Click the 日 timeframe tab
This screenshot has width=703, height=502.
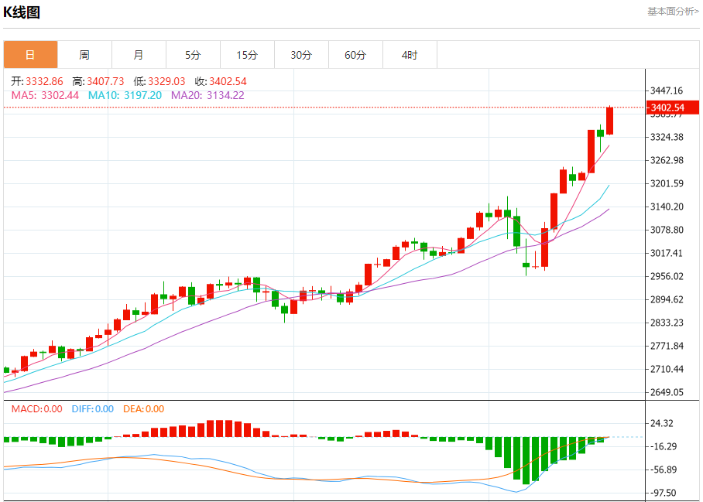(30, 55)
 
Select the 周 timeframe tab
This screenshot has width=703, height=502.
(84, 55)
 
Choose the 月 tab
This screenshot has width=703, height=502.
(139, 55)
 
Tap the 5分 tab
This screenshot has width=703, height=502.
(193, 55)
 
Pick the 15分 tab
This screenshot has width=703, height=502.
(247, 55)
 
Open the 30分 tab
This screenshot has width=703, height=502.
(301, 55)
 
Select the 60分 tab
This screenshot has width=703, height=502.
(355, 55)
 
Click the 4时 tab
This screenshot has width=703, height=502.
(410, 55)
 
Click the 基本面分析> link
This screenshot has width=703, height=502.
(673, 11)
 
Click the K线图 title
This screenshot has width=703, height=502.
(22, 12)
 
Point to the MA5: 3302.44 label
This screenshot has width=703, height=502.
(46, 95)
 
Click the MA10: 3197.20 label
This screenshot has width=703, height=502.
(125, 95)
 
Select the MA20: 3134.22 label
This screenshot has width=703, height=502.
(207, 95)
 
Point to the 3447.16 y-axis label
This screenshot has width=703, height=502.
(667, 90)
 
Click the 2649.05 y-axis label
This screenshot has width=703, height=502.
(667, 392)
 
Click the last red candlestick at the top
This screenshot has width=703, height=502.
(610, 120)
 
